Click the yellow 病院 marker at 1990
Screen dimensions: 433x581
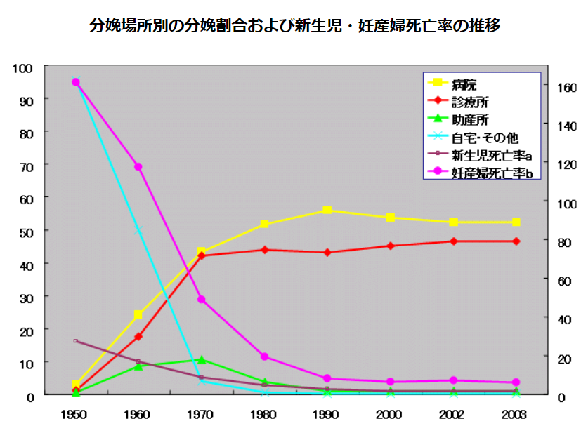coord(327,211)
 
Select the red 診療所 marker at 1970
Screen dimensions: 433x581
coord(202,256)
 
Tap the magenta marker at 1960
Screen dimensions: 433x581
coord(138,167)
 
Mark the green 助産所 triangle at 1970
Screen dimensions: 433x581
coord(202,359)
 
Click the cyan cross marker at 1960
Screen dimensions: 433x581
coord(138,229)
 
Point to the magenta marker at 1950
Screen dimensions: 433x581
coord(76,82)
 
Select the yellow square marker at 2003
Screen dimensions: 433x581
coord(516,222)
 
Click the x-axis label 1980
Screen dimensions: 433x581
coord(265,415)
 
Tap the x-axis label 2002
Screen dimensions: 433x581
coord(453,415)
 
